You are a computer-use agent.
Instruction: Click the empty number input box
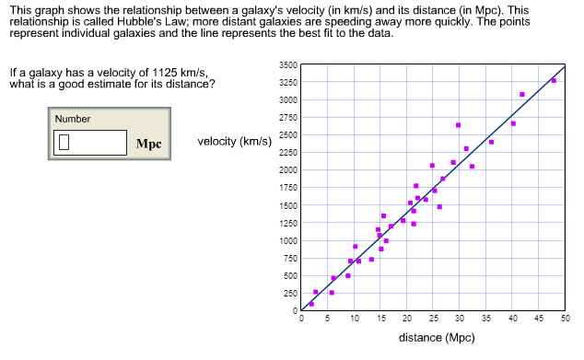pyautogui.click(x=90, y=143)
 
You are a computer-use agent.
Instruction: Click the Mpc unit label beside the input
pyautogui.click(x=148, y=144)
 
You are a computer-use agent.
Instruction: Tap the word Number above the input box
pyautogui.click(x=73, y=119)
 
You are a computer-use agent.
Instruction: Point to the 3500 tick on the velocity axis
pyautogui.click(x=286, y=64)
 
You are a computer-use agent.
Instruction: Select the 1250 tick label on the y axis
pyautogui.click(x=286, y=223)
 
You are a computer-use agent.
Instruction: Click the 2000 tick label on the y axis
pyautogui.click(x=286, y=170)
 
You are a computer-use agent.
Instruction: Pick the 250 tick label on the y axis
pyautogui.click(x=287, y=293)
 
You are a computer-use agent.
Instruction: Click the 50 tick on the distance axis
pyautogui.click(x=565, y=319)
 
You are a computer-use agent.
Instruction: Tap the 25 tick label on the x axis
pyautogui.click(x=433, y=319)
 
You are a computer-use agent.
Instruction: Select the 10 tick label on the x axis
pyautogui.click(x=354, y=319)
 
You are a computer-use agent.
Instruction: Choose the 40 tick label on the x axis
pyautogui.click(x=512, y=319)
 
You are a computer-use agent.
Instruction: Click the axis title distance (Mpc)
pyautogui.click(x=436, y=337)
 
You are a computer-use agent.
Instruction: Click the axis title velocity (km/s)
pyautogui.click(x=234, y=142)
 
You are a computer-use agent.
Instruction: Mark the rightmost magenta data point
pyautogui.click(x=554, y=80)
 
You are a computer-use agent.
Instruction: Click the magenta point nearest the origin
pyautogui.click(x=311, y=303)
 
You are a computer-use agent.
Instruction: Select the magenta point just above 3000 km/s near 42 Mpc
pyautogui.click(x=522, y=94)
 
